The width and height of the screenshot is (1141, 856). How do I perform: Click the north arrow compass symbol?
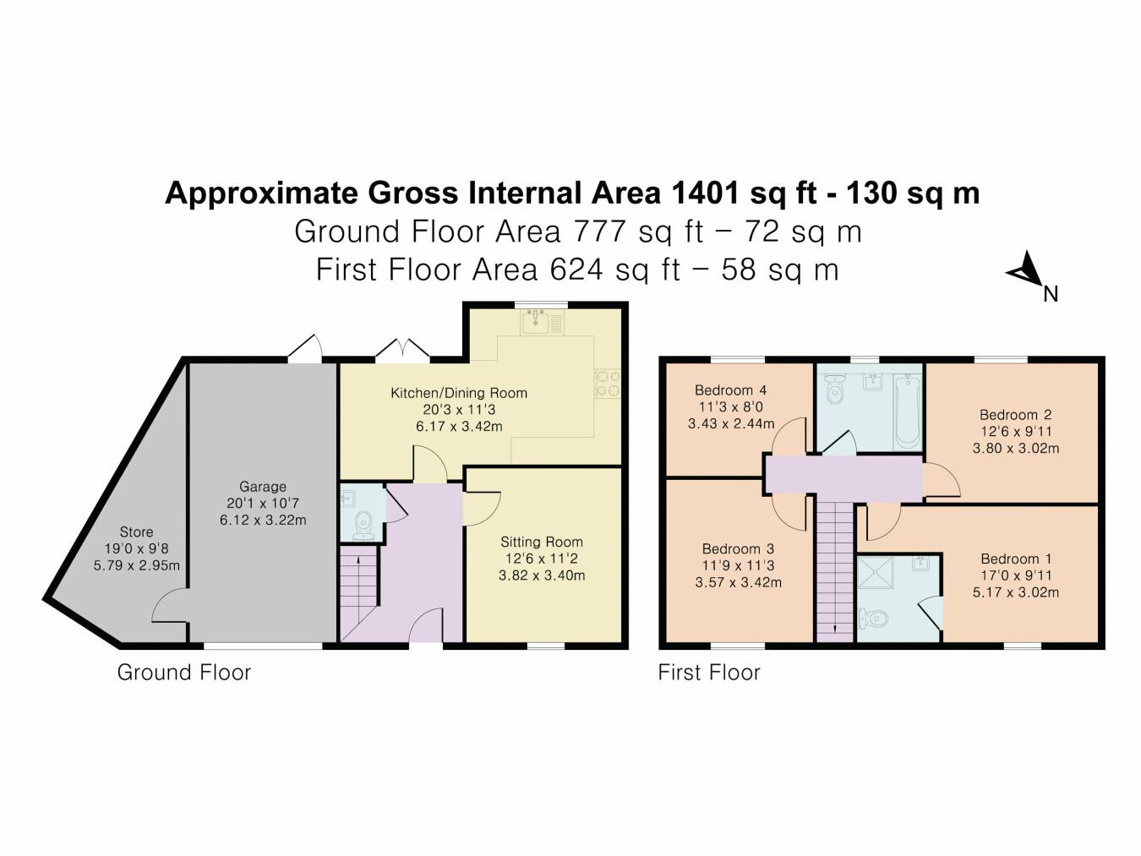pos(1026,272)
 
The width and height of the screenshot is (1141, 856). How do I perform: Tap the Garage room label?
pos(263,487)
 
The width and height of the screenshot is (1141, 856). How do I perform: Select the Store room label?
pos(136,532)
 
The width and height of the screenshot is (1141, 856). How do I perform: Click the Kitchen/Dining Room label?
pos(458,393)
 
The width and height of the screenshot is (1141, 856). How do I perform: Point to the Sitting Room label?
pos(541,542)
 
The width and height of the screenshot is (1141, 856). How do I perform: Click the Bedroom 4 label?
pos(730,390)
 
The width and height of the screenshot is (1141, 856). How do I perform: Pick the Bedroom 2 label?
pos(1015,415)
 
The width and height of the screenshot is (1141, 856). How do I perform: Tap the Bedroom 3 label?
pos(738,549)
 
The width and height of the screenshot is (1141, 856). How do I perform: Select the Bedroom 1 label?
pos(1016,559)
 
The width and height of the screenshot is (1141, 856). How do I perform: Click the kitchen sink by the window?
pos(541,322)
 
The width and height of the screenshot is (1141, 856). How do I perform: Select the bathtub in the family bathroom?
pos(907,412)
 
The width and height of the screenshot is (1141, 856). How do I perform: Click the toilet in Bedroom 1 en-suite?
pos(873,619)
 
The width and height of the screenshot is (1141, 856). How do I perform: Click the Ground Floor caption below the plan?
pos(183,673)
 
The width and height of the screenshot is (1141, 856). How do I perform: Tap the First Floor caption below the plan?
pos(709,673)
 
